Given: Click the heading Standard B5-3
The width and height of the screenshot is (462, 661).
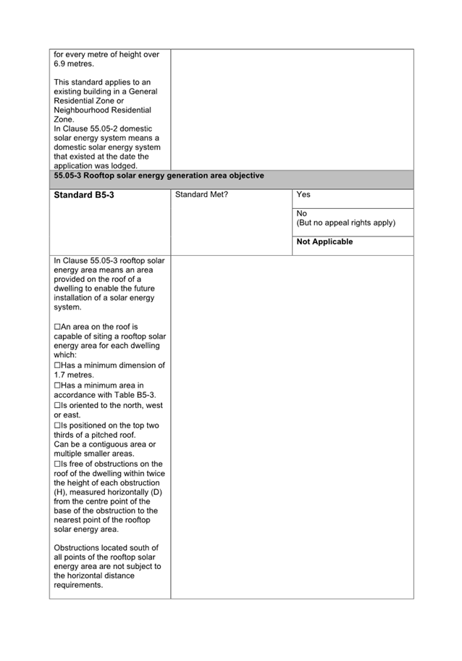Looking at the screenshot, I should point(84,196).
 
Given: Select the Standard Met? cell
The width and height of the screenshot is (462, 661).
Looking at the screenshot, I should point(201,195).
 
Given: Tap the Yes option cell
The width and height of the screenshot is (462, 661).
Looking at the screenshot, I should point(303,195).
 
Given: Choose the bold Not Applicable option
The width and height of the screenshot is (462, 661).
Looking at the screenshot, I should point(325,242).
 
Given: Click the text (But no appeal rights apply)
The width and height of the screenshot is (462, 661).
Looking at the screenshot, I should point(346,223).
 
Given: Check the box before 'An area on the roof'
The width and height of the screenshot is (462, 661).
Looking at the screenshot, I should point(57,328).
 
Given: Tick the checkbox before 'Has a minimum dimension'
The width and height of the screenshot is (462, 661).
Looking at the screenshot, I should point(57,366).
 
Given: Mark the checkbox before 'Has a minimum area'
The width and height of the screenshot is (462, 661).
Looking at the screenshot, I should point(57,386).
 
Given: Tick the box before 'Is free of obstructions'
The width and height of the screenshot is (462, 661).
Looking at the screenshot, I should point(57,464).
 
